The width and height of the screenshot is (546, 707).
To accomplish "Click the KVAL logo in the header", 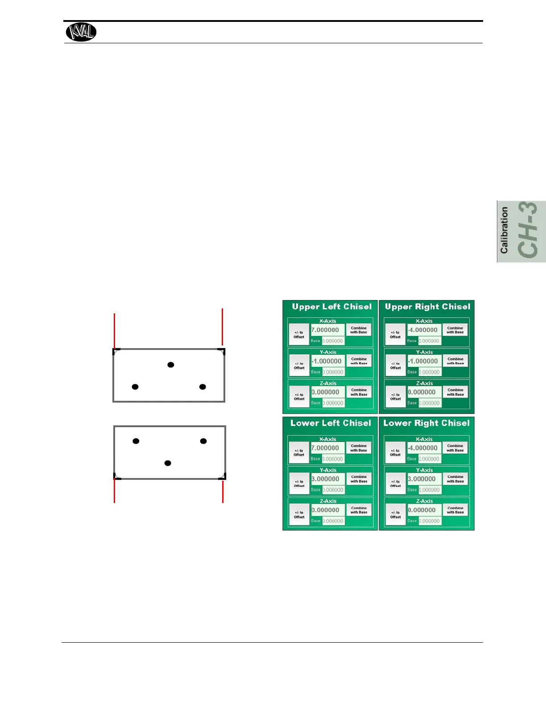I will (81, 32).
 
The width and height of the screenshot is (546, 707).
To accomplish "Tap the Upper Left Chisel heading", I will (331, 307).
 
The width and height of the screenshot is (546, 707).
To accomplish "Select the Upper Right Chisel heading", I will (427, 307).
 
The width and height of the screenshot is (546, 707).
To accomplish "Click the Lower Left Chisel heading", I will (331, 423).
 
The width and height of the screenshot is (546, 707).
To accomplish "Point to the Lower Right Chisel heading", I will (426, 423).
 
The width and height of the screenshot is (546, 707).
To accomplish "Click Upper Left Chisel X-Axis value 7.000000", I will (327, 330).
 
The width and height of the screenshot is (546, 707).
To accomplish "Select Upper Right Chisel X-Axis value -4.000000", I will (424, 330).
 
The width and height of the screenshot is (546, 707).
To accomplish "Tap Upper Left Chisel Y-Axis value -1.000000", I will (327, 361).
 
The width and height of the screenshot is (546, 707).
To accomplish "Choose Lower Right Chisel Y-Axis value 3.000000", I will (424, 479).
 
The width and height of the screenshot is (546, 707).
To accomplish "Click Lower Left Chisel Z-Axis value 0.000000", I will (327, 510).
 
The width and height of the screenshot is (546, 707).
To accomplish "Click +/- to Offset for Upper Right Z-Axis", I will (396, 397).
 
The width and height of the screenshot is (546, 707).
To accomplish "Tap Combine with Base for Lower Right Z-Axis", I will (455, 510).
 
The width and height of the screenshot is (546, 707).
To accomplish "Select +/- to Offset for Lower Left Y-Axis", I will (299, 483).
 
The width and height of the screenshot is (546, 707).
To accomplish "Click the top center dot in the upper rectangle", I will (170, 365).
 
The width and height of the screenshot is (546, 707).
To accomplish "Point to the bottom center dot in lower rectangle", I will (168, 463).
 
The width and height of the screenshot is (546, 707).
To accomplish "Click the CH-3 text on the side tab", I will (529, 231).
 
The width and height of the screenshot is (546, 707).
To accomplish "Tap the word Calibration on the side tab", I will (504, 231).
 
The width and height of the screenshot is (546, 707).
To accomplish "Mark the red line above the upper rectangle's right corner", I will (222, 328).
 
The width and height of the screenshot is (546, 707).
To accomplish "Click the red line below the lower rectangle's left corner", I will (115, 491).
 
